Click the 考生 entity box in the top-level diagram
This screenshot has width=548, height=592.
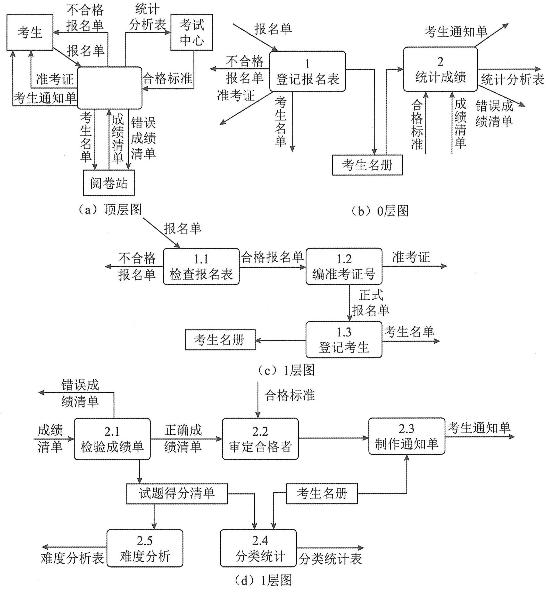(30, 32)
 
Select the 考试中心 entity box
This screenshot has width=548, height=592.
(192, 32)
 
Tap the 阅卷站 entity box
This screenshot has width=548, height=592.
(109, 183)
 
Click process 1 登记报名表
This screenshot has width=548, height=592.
(308, 71)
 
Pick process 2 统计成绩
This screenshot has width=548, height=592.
(440, 69)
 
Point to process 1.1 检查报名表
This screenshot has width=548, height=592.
(201, 267)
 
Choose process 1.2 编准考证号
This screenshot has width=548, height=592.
(344, 267)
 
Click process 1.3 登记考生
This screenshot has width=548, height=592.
(344, 340)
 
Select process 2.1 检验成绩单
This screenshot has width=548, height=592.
(112, 439)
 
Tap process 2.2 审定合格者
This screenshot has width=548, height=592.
(260, 439)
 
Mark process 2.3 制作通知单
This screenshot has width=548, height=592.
(406, 437)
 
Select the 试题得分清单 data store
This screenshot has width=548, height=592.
(177, 494)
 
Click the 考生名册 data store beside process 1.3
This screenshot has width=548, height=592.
(220, 340)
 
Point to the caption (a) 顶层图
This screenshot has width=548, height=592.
(110, 210)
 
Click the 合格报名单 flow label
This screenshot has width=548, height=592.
(272, 257)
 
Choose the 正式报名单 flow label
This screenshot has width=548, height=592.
(371, 303)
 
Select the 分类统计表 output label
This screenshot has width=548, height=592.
(330, 559)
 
